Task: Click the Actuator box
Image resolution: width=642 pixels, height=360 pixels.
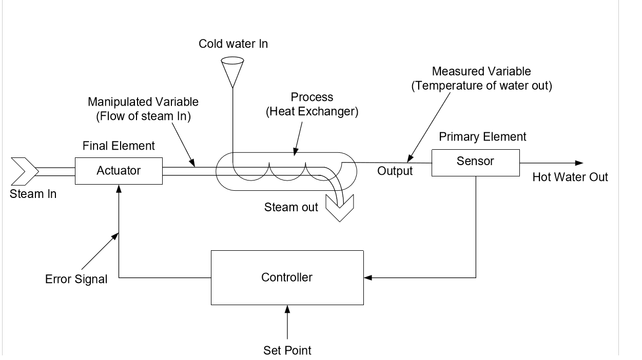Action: coord(119,171)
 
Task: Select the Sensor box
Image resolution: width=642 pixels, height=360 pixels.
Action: coord(475,162)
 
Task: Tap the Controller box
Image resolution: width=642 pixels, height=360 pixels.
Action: coord(287,277)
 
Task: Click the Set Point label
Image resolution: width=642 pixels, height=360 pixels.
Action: coord(287,351)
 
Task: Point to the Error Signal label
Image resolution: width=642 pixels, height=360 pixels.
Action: coord(76,280)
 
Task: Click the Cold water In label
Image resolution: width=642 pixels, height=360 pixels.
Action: coord(234,44)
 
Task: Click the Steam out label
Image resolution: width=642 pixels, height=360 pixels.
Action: coord(291,208)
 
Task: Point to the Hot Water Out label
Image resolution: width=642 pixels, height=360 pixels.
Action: coord(570,177)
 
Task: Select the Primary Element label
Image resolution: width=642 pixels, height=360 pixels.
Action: coord(489,136)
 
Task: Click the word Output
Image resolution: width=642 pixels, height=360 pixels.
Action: coord(395,171)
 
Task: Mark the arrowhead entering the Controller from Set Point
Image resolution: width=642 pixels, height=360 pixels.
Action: coord(287,309)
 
